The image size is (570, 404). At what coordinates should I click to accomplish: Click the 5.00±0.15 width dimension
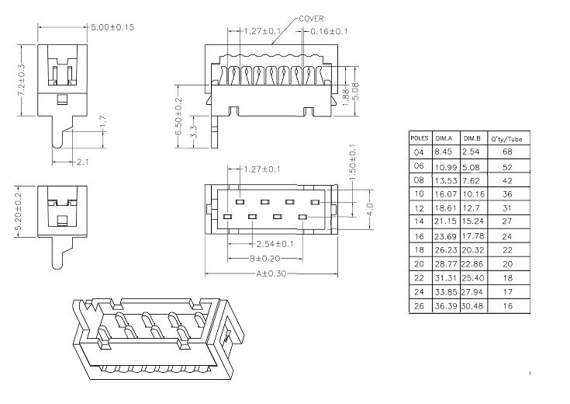point(113,26)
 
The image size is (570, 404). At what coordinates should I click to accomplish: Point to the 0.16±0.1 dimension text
point(329,31)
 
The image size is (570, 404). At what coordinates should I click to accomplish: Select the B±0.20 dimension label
point(265,258)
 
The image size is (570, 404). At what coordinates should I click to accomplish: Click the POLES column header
point(420,137)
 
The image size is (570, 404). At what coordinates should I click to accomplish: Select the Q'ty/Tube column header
point(507,137)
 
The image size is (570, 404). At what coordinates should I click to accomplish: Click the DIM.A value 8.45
point(443,151)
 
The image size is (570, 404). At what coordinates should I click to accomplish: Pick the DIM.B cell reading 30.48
point(473,306)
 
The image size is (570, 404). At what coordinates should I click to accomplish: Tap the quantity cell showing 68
point(507,151)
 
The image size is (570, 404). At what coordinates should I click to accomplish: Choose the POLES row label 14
point(419,221)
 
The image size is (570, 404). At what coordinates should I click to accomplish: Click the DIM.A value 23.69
point(446,235)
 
